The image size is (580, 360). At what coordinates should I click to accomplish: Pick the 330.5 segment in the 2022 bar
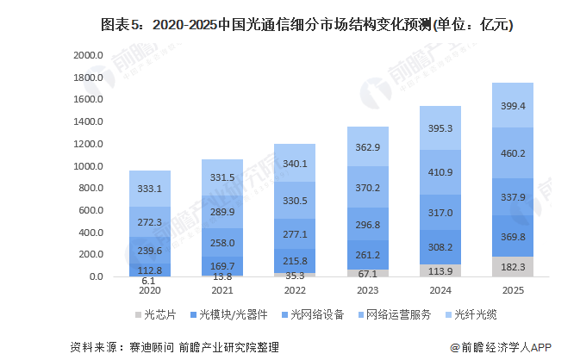coord(295,200)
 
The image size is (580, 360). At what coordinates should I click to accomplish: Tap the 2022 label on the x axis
coord(295,291)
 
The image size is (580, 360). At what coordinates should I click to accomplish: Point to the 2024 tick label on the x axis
coord(440,291)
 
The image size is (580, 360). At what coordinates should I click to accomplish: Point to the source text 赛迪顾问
coord(147,347)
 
